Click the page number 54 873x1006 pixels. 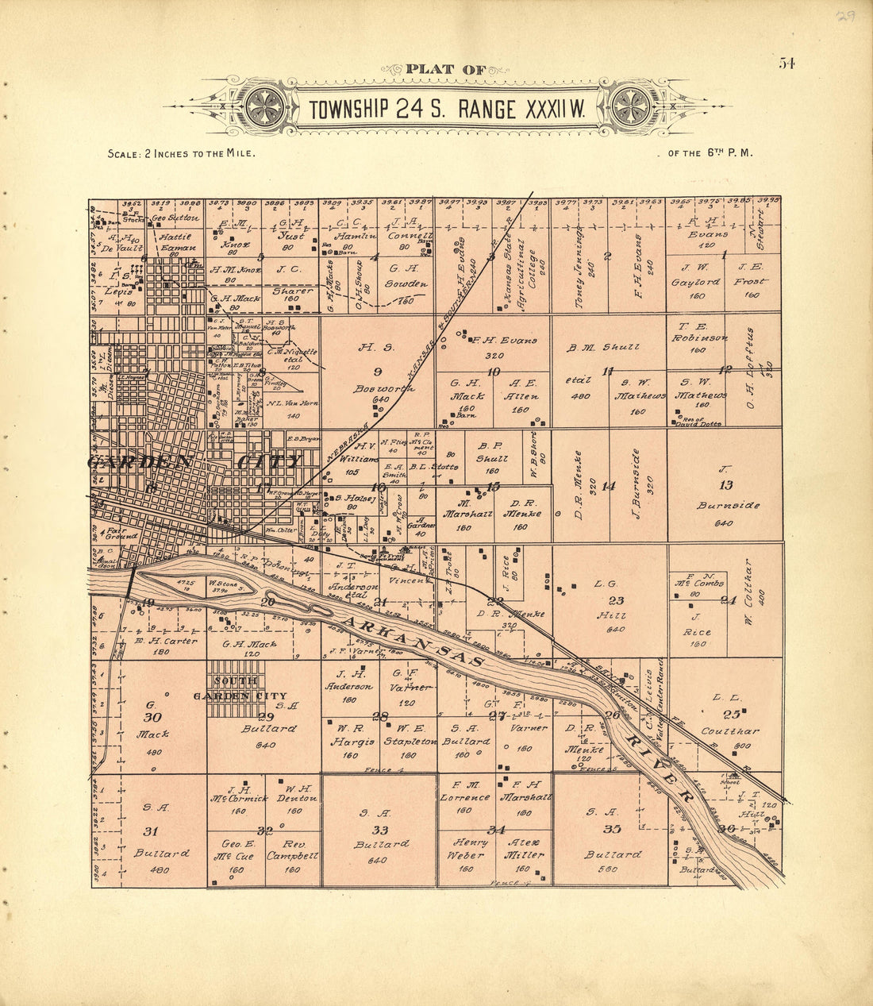point(786,64)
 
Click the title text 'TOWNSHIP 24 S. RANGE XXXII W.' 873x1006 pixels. point(447,109)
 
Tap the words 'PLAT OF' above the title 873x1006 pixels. point(445,70)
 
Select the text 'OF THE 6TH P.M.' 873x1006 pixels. point(704,152)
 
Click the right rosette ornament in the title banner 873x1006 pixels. point(631,106)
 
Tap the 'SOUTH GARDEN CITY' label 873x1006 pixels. point(238,688)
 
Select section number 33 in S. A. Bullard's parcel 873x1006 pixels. point(380,831)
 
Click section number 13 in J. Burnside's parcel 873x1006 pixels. point(725,485)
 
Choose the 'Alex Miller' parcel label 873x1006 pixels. point(524,848)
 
